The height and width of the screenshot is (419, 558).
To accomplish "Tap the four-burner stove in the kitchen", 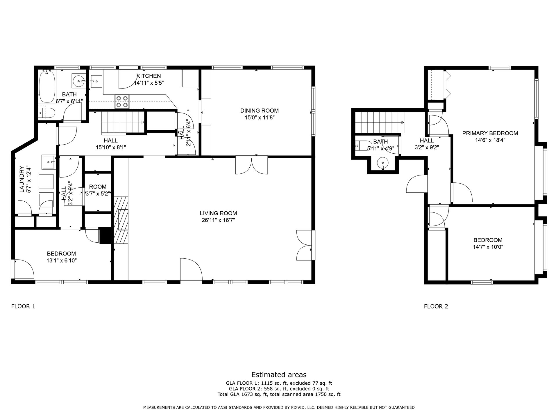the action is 122,102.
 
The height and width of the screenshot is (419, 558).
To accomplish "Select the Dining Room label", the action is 259,111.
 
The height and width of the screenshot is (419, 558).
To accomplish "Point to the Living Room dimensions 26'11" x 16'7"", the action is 218,220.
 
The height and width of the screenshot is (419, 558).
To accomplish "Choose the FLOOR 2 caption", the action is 436,306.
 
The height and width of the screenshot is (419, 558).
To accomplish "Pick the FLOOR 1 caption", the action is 23,306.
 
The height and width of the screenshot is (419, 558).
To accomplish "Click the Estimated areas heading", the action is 279,374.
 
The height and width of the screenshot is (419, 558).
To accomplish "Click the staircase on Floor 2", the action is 379,122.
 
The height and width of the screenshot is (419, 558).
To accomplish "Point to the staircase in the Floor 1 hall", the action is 123,123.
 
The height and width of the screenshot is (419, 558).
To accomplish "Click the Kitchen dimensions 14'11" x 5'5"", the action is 149,83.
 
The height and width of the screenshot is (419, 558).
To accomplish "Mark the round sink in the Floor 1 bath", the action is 79,80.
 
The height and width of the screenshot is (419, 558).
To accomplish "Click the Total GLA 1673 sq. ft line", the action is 279,395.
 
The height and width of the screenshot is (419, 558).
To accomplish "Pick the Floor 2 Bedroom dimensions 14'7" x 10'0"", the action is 488,247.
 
